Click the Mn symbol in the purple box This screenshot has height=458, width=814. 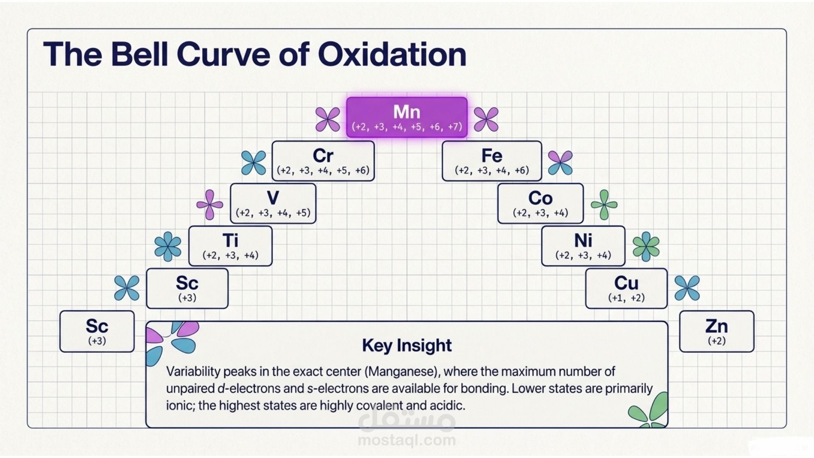click(407, 112)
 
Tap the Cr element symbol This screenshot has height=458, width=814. click(323, 156)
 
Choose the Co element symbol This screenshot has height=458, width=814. click(541, 198)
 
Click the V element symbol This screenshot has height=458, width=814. click(273, 198)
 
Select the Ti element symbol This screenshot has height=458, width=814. click(230, 240)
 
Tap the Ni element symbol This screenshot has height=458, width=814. click(583, 240)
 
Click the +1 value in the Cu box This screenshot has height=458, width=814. click(617, 298)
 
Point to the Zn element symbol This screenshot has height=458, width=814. click(716, 326)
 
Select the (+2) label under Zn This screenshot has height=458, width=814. click(716, 341)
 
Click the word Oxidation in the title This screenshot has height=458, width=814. click(392, 54)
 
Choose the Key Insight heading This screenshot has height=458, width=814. click(407, 346)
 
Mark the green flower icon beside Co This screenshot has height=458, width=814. click(604, 205)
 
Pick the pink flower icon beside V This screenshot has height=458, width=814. click(209, 205)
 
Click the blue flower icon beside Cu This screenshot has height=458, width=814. click(687, 288)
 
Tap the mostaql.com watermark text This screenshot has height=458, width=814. click(407, 440)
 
